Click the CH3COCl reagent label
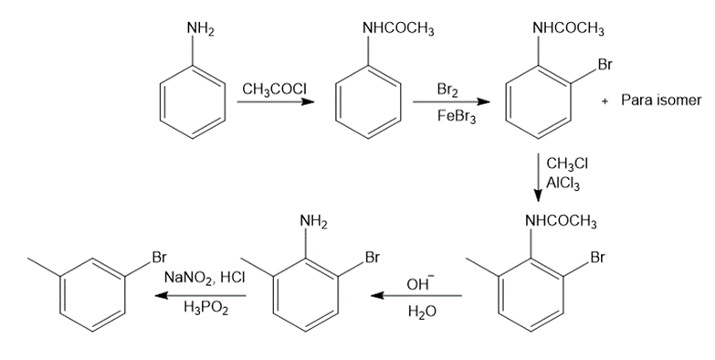pyautogui.click(x=274, y=90)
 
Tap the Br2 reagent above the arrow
pyautogui.click(x=447, y=90)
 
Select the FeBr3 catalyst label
pyautogui.click(x=457, y=117)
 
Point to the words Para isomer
pyautogui.click(x=661, y=101)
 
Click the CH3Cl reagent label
pyautogui.click(x=567, y=164)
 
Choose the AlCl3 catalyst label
pyautogui.click(x=563, y=184)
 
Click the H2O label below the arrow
pyautogui.click(x=422, y=312)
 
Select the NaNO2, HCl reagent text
pyautogui.click(x=205, y=278)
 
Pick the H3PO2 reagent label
pyautogui.click(x=206, y=309)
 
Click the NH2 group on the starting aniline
pyautogui.click(x=201, y=29)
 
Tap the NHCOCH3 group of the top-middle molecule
pyautogui.click(x=398, y=29)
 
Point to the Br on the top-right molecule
pyautogui.click(x=605, y=65)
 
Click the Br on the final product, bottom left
pyautogui.click(x=159, y=258)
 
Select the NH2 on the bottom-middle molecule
pyautogui.click(x=314, y=222)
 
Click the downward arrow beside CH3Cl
pyautogui.click(x=539, y=177)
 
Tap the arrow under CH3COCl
pyautogui.click(x=276, y=101)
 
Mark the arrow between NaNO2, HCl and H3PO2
pyautogui.click(x=201, y=296)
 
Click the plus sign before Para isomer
pyautogui.click(x=605, y=101)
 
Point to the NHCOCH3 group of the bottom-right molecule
pyautogui.click(x=561, y=222)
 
